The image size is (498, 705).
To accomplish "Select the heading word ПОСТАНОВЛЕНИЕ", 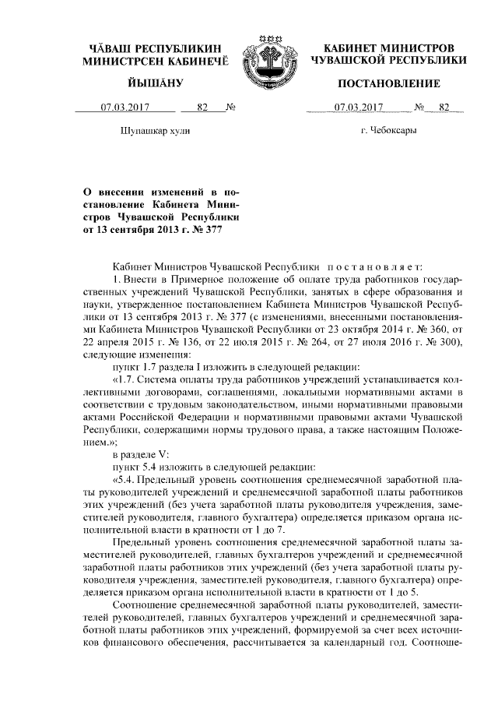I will coord(389,83).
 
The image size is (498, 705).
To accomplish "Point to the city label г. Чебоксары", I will coord(388,130).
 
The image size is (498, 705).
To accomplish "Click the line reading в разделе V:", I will coord(142,453).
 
